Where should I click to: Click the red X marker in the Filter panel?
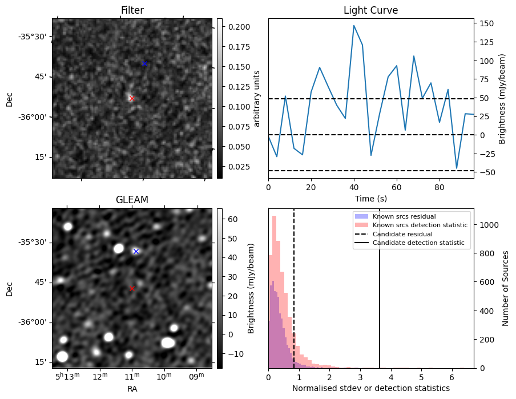(132, 98)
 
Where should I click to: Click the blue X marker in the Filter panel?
(144, 63)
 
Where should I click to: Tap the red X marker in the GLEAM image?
(132, 288)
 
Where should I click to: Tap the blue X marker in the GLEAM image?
(136, 251)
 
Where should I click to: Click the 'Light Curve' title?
(370, 10)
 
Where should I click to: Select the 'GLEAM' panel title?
(132, 200)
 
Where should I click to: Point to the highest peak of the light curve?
(354, 25)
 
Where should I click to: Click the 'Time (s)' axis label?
(370, 198)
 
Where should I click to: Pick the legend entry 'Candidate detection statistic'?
(418, 243)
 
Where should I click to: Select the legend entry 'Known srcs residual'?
(404, 216)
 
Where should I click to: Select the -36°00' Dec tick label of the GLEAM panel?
(36, 322)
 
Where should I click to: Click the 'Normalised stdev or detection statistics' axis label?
(370, 388)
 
